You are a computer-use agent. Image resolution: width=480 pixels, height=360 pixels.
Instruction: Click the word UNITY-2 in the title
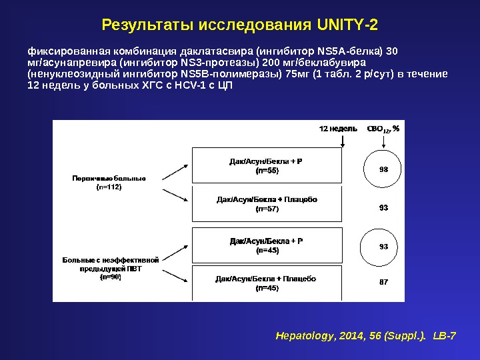(x=347, y=25)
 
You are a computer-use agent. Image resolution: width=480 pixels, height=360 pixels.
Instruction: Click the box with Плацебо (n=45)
(x=266, y=283)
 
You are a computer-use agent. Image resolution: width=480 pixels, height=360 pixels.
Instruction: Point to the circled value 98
(x=383, y=169)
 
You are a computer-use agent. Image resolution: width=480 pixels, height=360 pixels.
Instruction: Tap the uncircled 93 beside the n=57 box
(x=383, y=208)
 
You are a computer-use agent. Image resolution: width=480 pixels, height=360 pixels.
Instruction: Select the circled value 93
(x=383, y=247)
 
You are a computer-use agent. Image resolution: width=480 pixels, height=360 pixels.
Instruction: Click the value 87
(x=383, y=282)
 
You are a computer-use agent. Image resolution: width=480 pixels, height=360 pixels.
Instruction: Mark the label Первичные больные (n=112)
(x=109, y=182)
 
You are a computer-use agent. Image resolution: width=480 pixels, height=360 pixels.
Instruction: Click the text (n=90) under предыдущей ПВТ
(x=110, y=277)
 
